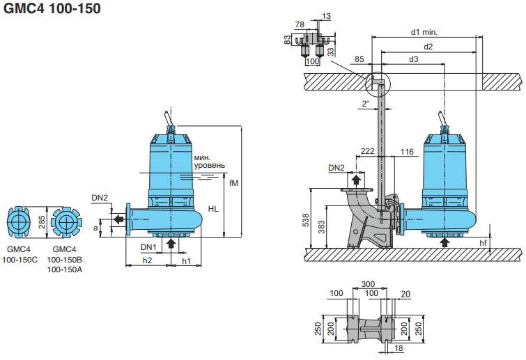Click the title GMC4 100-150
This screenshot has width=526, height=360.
pos(52,8)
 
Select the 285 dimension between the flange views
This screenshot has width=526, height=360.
pos(42,222)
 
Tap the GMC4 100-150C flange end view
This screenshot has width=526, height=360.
pos(19,222)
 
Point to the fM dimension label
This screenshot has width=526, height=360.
pos(234,183)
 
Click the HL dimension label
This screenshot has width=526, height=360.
pos(213,209)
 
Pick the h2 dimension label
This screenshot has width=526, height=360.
pos(147,260)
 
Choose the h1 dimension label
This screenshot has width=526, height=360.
pos(187,260)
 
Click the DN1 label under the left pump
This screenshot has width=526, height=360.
pos(148,247)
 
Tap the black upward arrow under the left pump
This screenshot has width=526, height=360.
pos(171,244)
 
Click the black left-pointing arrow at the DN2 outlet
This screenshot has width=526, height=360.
pos(118,219)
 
